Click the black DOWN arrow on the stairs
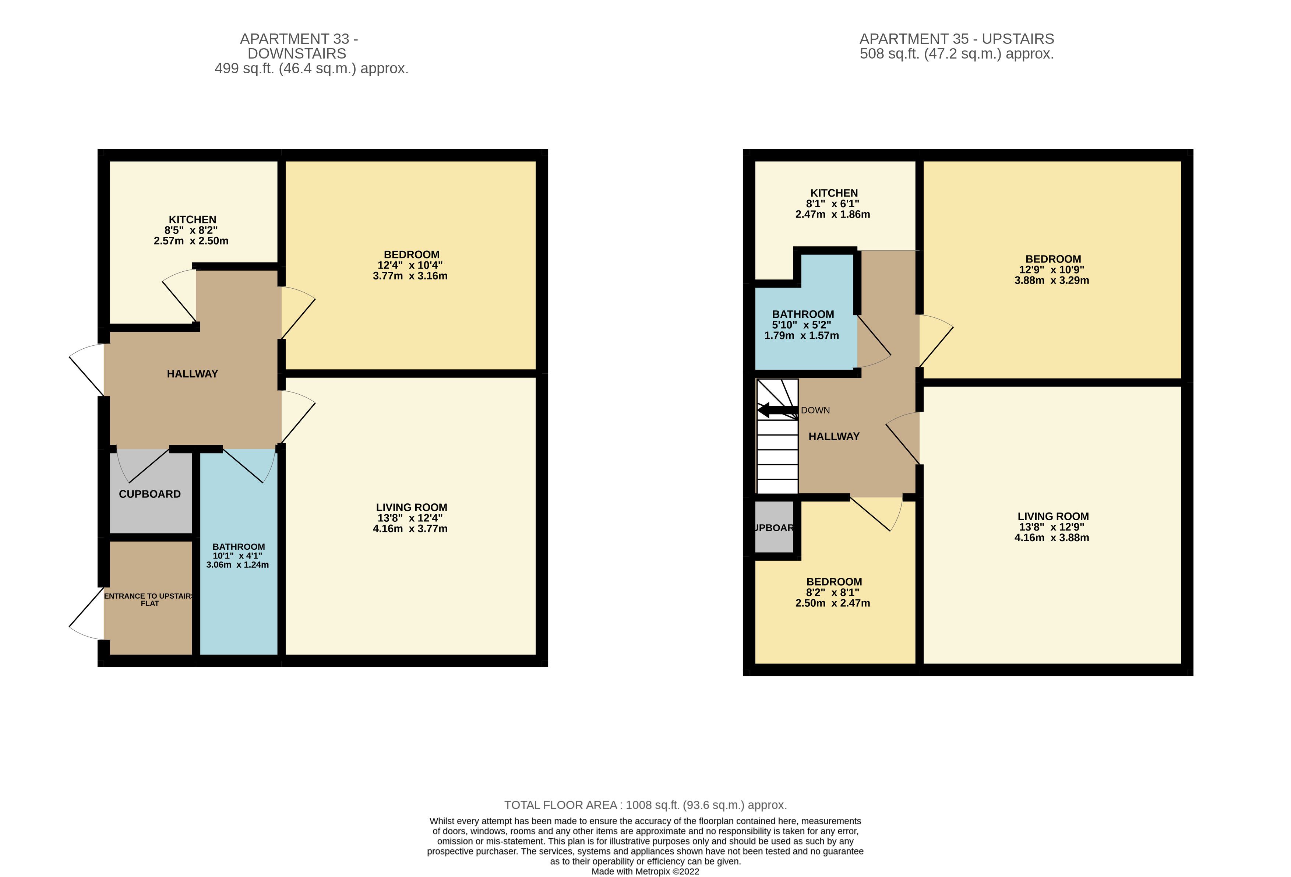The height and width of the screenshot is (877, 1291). (778, 411)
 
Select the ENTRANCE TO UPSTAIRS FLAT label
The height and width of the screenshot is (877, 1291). (149, 600)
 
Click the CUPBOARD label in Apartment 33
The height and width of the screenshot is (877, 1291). (149, 494)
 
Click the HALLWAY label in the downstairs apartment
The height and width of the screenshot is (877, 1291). (192, 374)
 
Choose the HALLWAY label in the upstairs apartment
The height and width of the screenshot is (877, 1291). (834, 437)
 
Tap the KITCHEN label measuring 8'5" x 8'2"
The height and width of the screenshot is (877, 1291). (192, 219)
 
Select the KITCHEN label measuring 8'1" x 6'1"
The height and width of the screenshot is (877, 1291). (834, 193)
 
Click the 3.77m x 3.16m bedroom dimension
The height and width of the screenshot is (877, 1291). (410, 276)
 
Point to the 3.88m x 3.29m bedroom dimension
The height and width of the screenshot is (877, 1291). (1052, 281)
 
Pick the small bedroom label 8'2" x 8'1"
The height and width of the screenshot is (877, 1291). (833, 592)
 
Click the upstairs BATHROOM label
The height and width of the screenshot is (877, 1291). (803, 314)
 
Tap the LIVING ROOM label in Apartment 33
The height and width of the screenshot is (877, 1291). (411, 507)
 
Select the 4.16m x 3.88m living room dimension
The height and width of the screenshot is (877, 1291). (1052, 538)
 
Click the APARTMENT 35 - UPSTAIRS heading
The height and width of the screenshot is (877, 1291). (957, 39)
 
